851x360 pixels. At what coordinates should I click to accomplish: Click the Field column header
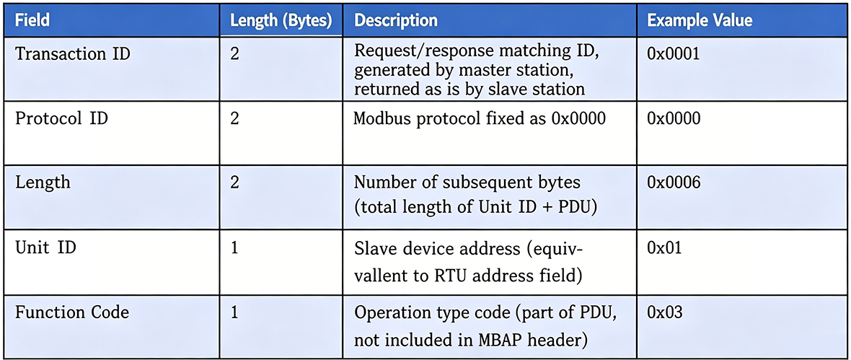pyautogui.click(x=32, y=21)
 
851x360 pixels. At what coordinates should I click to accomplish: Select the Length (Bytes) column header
pyautogui.click(x=281, y=21)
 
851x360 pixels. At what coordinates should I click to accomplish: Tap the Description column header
pyautogui.click(x=396, y=21)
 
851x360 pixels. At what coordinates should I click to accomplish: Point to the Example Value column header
pyautogui.click(x=700, y=21)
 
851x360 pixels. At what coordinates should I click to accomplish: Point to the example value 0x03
pyautogui.click(x=664, y=312)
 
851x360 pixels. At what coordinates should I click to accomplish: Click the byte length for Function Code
pyautogui.click(x=235, y=313)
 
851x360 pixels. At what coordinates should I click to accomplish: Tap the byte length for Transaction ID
pyautogui.click(x=235, y=54)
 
